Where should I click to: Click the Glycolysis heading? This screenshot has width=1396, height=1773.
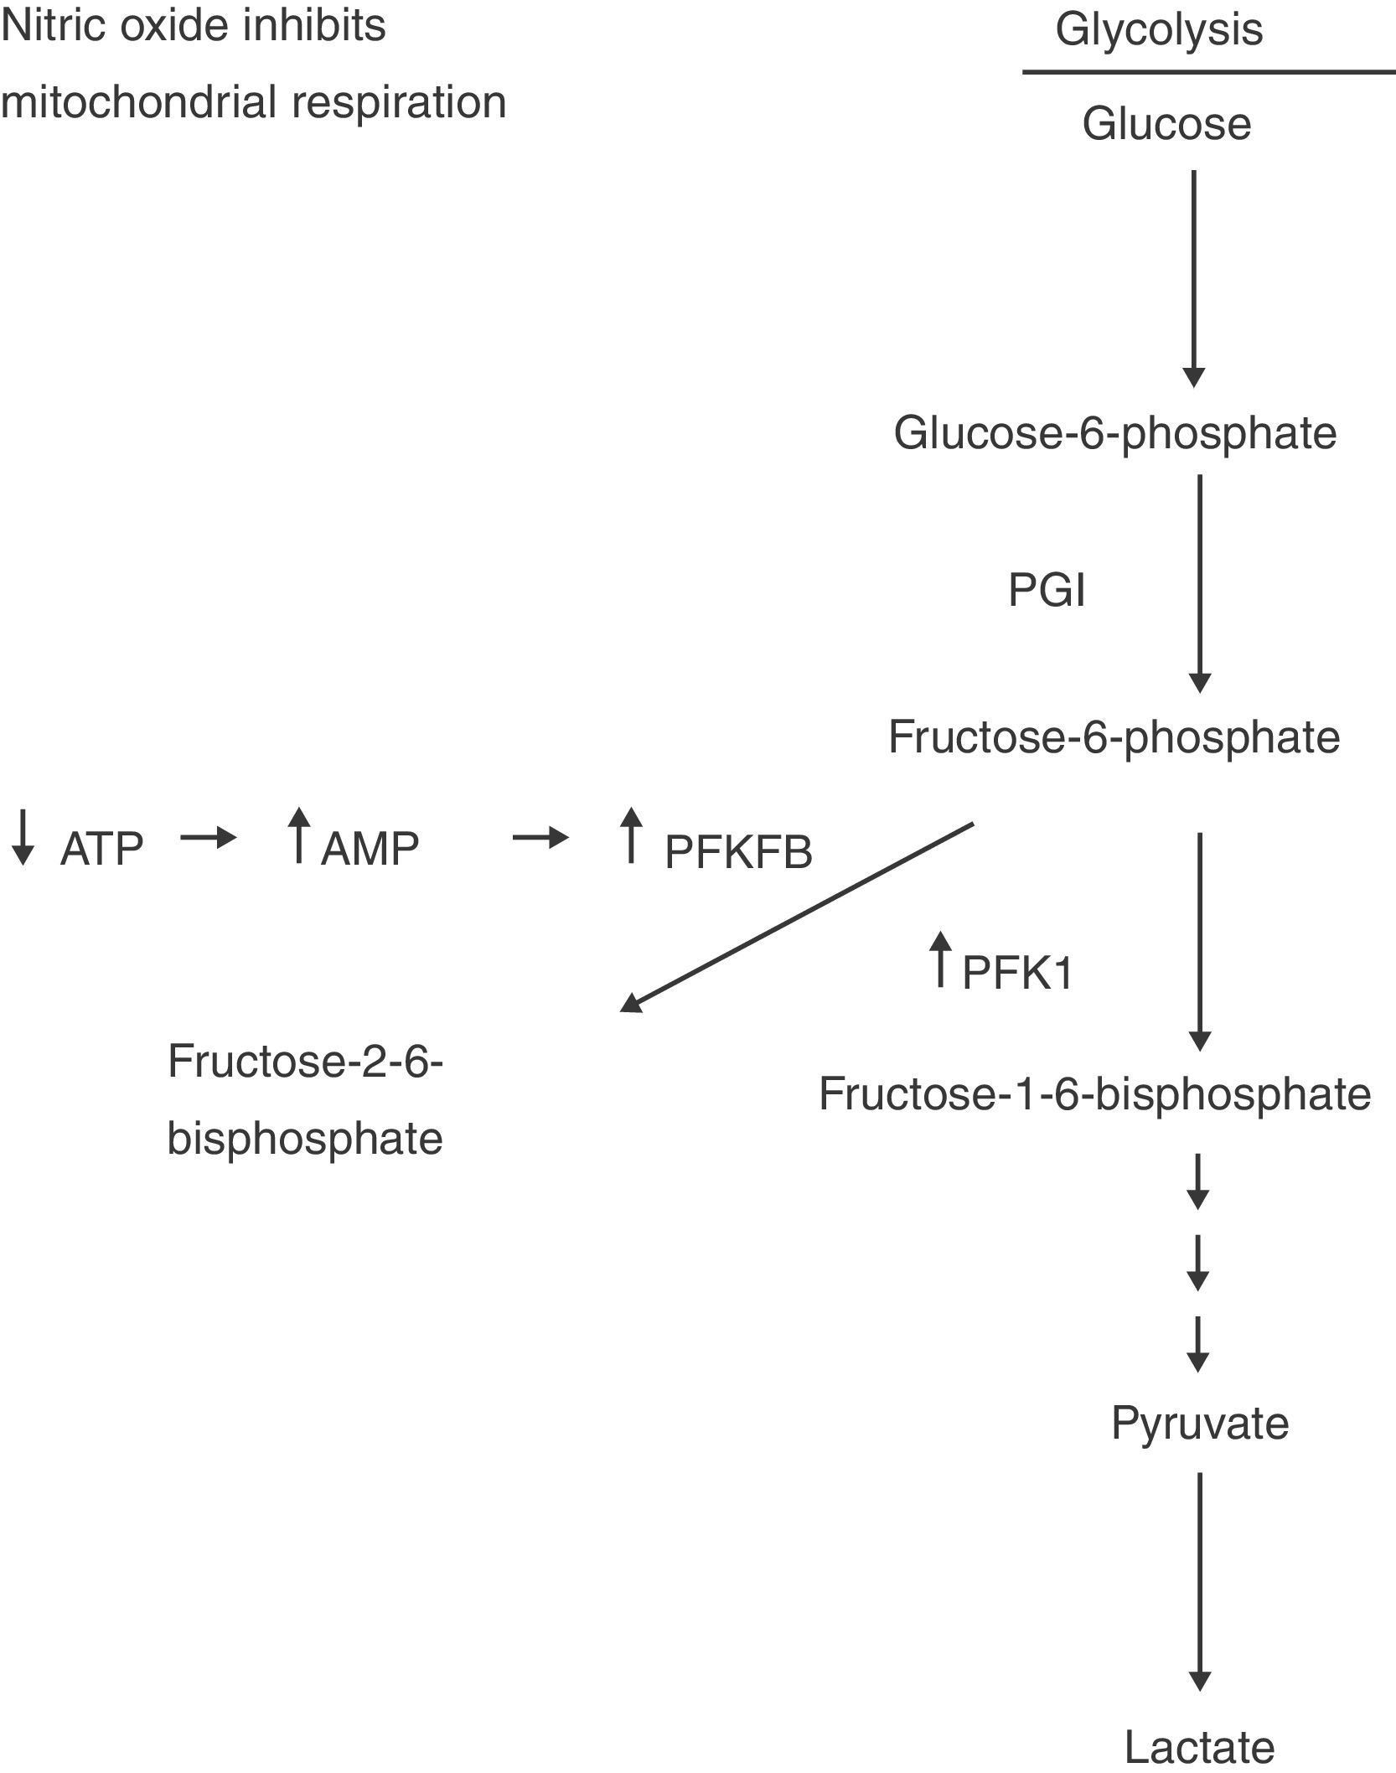pos(1159,29)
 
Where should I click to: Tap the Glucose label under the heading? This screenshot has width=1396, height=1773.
pos(1166,124)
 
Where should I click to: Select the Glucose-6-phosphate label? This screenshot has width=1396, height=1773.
pos(1114,433)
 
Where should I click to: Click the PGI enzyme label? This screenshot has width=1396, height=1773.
pos(1047,591)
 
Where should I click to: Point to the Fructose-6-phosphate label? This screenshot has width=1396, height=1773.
pos(1114,737)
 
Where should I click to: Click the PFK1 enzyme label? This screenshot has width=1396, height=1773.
pos(1017,973)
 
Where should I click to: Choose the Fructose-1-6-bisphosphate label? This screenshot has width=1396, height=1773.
pos(1094,1093)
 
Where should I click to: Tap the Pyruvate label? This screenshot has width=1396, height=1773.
pos(1200,1422)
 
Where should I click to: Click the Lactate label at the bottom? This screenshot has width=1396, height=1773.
pos(1199,1747)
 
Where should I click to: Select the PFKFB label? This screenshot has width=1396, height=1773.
pos(738,852)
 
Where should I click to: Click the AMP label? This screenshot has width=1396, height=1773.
pos(370,849)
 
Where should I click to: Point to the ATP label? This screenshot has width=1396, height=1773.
pos(102,850)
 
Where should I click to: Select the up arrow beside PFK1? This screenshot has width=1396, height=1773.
pos(940,959)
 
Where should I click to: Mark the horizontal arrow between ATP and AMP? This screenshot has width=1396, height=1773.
pos(209,837)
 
